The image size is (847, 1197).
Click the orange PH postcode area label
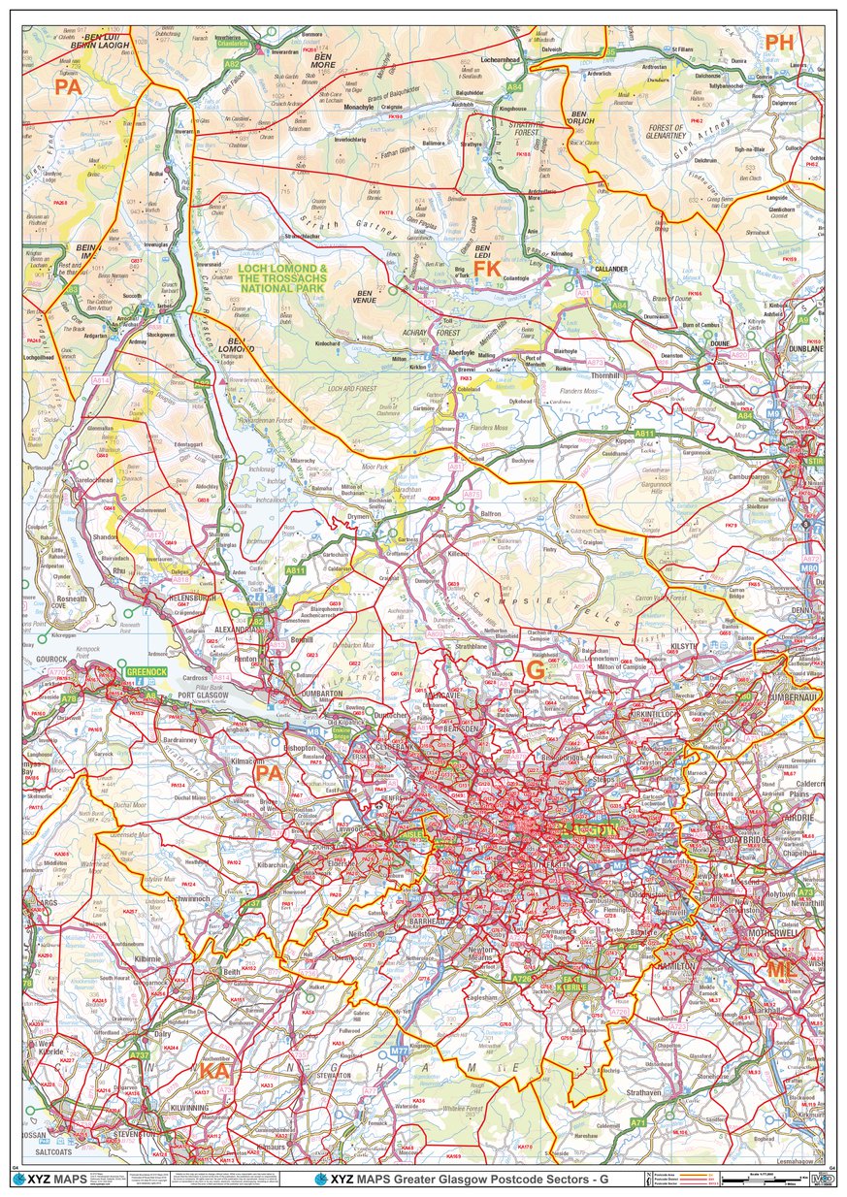779,42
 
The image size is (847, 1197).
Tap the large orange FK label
487,267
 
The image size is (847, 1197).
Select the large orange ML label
781,969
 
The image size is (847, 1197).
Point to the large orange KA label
214,1070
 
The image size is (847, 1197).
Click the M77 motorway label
400,1051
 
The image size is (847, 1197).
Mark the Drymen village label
361,518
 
